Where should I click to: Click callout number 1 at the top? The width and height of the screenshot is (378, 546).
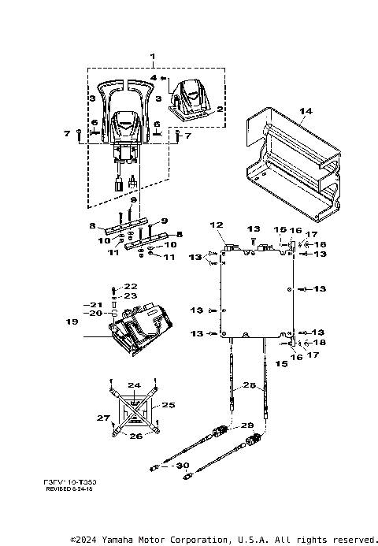coord(154,57)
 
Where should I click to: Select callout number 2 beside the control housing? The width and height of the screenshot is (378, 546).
coord(220,108)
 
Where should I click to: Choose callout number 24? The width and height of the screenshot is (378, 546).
coord(135,385)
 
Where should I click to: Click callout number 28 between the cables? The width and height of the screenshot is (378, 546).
coord(249,384)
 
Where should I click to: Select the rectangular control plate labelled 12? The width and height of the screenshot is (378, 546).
coord(257,292)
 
